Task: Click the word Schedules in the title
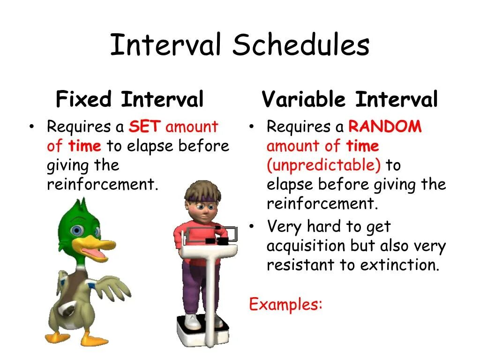tap(301, 45)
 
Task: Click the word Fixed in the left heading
tap(83, 99)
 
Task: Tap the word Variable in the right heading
tap(304, 99)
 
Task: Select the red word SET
tap(144, 126)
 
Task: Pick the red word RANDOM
tap(385, 126)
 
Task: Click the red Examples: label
tap(285, 304)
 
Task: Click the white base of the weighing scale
tap(202, 330)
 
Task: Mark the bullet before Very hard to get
tap(252, 226)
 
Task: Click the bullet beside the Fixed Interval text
tap(31, 126)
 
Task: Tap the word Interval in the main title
tap(165, 45)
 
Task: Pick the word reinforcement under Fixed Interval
tap(103, 184)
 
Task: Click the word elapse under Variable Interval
tap(290, 185)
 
